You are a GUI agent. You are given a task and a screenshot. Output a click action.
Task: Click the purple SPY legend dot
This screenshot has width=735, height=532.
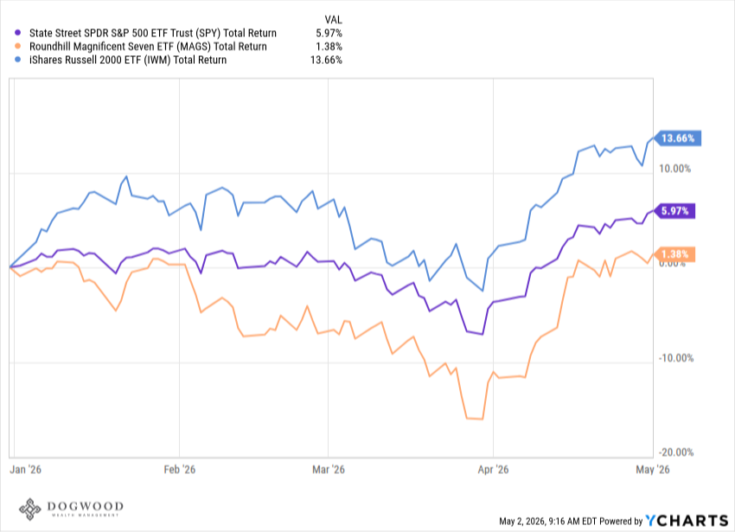point(18,33)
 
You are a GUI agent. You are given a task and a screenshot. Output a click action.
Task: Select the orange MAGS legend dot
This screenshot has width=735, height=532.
point(18,47)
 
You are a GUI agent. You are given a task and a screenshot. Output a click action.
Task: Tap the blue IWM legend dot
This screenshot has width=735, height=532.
point(18,60)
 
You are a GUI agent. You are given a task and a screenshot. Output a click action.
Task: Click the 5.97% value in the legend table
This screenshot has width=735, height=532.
point(329,34)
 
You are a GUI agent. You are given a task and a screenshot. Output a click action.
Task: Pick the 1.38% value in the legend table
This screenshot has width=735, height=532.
point(329,47)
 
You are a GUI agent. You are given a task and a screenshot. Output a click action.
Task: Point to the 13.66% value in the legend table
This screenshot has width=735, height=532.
point(326,60)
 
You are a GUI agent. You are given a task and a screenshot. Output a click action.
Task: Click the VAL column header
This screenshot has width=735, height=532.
point(333,20)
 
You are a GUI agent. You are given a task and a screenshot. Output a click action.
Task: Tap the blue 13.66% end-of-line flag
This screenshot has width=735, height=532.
point(677,138)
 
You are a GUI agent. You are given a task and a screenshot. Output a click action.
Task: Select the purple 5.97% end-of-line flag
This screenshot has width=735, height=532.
point(674,211)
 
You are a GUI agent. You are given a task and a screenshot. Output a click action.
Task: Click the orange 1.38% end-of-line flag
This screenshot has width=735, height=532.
point(674,254)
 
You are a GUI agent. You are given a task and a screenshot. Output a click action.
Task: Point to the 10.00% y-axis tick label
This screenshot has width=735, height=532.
point(674,169)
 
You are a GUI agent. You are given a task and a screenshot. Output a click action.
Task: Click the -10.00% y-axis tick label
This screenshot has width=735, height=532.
point(676,358)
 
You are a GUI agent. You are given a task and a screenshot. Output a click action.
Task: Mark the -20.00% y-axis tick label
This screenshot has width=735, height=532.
point(676,452)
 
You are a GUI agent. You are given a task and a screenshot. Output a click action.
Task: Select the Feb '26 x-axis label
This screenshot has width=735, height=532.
point(180,469)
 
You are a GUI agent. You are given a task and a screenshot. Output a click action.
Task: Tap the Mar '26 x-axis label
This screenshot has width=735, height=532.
point(328,469)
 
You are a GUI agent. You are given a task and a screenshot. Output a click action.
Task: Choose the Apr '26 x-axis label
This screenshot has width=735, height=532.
point(493,469)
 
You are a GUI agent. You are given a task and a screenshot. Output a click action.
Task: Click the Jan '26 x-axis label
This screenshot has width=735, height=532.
point(25,469)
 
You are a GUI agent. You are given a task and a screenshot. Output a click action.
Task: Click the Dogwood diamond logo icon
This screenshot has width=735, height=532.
point(30,509)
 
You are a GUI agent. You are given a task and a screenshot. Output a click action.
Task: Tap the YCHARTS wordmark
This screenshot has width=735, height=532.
point(687,520)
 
